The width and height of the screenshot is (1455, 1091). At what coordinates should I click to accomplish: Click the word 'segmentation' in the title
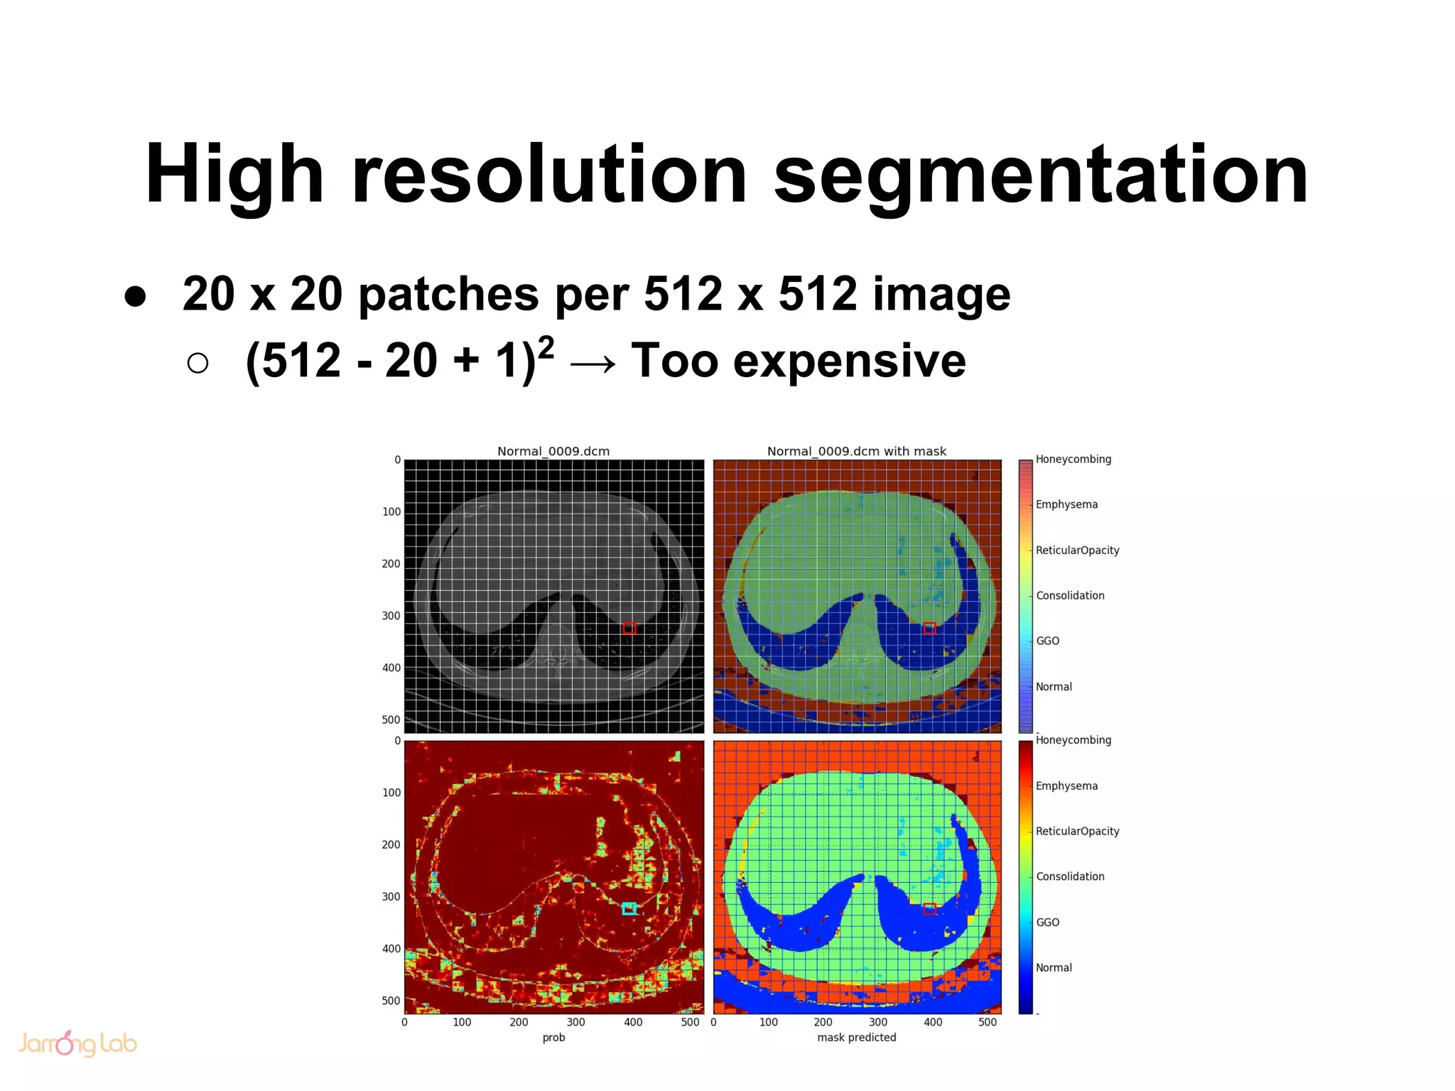tap(1040, 175)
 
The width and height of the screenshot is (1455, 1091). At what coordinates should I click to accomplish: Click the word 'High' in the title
tap(234, 175)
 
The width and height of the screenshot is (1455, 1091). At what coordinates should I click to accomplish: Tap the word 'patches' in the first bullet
tap(448, 294)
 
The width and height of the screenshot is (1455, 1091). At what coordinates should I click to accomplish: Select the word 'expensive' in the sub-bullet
tap(850, 361)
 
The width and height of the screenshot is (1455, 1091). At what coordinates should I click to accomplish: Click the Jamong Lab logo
tap(77, 1043)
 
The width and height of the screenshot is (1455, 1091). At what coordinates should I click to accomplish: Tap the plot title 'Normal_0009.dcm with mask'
tap(856, 451)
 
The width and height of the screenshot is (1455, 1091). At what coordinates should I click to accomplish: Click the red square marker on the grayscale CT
tap(629, 628)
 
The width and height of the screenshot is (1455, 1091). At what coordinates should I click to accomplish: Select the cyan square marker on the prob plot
tap(629, 908)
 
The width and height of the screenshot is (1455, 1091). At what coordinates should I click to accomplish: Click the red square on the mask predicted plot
tap(929, 908)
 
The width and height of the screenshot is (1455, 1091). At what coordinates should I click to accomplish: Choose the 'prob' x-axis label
tap(553, 1037)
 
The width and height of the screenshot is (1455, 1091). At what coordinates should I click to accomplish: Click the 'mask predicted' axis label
tap(856, 1037)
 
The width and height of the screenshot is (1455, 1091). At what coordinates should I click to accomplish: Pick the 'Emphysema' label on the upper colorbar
tap(1066, 504)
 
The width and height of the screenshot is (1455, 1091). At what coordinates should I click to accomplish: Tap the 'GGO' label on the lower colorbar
tap(1047, 922)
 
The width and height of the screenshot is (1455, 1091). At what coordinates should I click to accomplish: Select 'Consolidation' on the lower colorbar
tap(1070, 876)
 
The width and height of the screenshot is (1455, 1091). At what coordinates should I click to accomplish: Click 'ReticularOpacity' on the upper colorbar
tap(1077, 550)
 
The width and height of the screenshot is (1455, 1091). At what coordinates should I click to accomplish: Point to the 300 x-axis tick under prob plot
tap(575, 1022)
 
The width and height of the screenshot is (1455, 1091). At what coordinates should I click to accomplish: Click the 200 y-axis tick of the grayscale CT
tap(391, 564)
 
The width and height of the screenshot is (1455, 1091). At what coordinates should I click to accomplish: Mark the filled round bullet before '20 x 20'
tap(135, 296)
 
